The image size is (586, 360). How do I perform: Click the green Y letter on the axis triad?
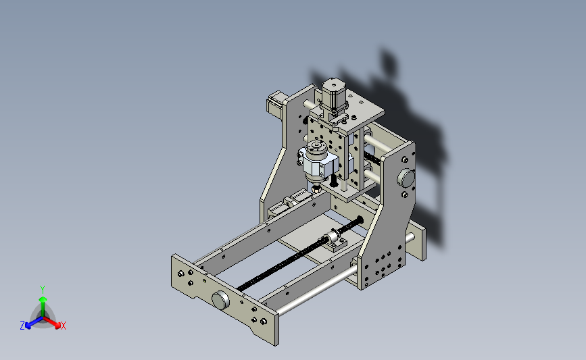click(x=43, y=290)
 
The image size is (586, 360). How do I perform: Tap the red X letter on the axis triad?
click(x=63, y=326)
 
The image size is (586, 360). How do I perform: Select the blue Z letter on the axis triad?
click(x=22, y=326)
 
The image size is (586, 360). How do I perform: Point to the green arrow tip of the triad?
click(x=43, y=299)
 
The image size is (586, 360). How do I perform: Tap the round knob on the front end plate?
click(x=220, y=300)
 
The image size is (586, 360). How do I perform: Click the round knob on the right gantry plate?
click(x=406, y=178)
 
